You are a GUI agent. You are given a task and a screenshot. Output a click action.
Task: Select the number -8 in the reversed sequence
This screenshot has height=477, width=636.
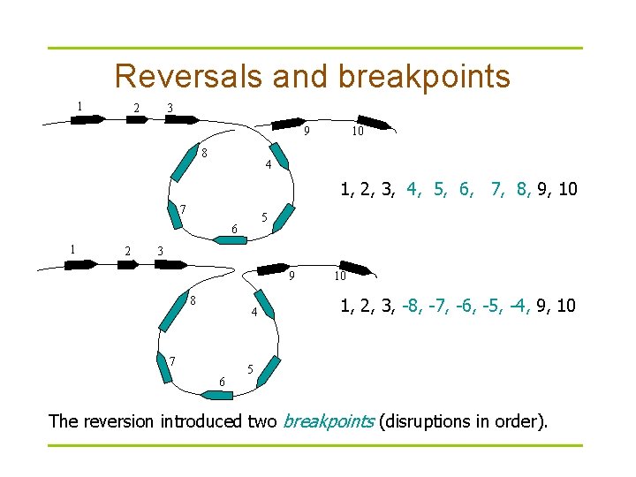click(x=411, y=307)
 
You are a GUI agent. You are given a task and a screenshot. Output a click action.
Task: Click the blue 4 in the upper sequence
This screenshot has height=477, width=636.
click(x=413, y=188)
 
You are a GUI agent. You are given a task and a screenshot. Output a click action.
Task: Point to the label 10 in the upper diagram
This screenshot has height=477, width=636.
click(x=357, y=132)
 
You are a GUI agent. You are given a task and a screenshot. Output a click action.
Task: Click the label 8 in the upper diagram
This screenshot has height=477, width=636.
click(x=204, y=152)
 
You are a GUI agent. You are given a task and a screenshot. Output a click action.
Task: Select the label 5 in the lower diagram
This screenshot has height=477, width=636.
click(x=251, y=368)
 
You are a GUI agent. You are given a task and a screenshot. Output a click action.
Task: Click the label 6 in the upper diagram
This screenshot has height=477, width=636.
click(x=234, y=230)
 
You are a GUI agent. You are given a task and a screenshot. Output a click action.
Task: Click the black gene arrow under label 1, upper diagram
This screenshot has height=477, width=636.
click(x=87, y=119)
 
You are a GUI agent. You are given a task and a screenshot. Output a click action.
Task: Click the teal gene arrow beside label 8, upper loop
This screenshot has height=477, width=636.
click(x=184, y=166)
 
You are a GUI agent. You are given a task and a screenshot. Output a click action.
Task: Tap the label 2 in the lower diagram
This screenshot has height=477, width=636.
click(x=128, y=251)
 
